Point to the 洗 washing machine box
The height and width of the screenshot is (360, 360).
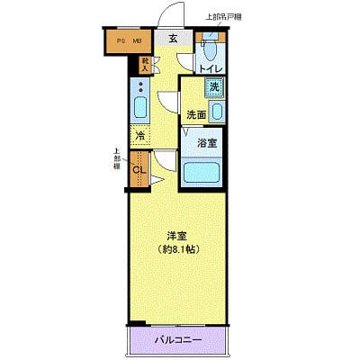213,87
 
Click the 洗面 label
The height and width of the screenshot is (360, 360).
195,114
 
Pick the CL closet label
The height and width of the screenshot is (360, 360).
139,169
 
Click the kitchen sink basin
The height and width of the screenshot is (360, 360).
139,110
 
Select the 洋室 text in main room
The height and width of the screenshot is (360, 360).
175,236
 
